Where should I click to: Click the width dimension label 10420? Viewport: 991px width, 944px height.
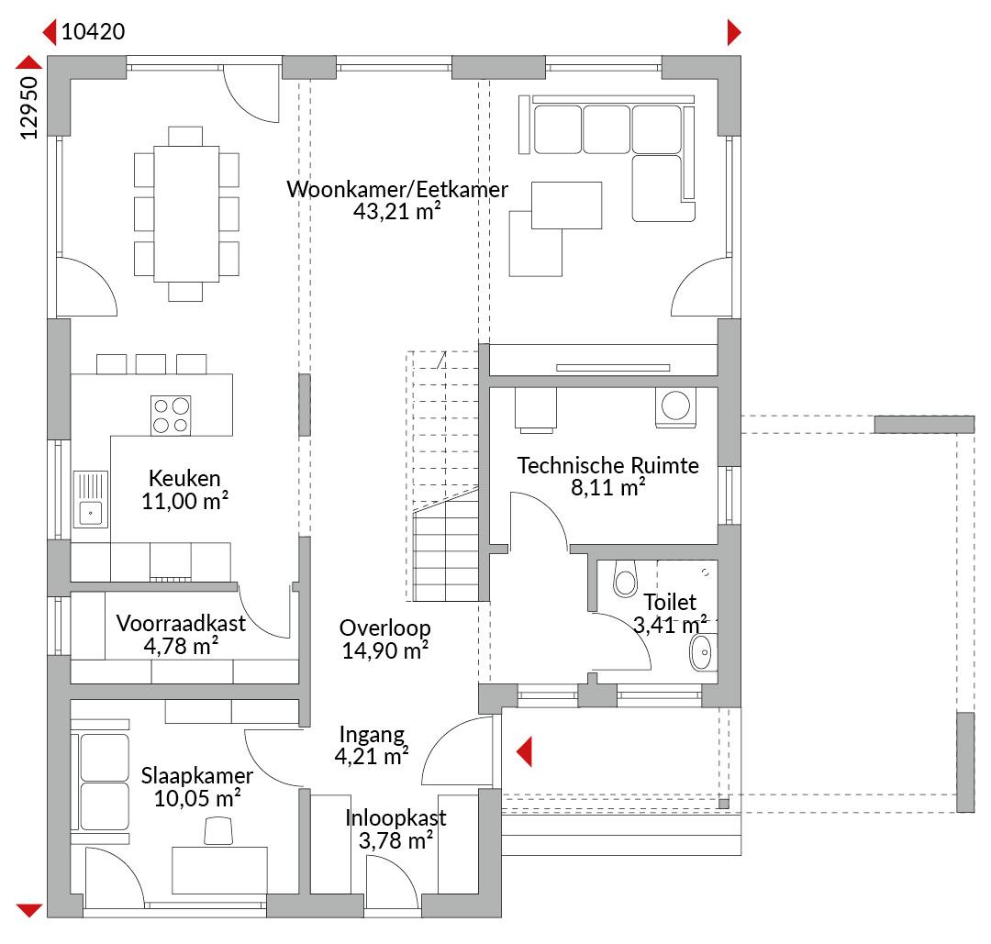tap(93, 31)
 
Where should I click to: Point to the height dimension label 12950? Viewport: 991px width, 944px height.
tap(29, 107)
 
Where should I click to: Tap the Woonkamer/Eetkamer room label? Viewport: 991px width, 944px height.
tap(397, 189)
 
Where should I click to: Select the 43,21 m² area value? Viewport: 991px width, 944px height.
tap(397, 211)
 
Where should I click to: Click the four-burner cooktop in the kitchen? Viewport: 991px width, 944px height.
tap(171, 416)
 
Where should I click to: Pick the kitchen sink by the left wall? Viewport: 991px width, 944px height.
tap(90, 499)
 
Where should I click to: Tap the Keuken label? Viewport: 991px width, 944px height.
tap(184, 478)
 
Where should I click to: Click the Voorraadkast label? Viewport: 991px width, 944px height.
tap(181, 623)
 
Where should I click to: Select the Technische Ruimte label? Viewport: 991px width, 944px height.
tap(608, 465)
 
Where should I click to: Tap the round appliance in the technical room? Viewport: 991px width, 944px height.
tap(675, 406)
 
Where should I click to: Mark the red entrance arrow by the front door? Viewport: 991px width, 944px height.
tap(524, 752)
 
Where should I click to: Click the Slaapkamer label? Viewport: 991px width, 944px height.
tap(196, 775)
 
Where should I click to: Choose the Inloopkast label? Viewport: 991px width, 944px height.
tap(395, 817)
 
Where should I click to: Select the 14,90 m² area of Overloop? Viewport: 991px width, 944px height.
tap(385, 650)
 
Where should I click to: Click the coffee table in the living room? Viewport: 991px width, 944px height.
tap(566, 205)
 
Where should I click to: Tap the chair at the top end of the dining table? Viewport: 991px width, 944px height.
tap(185, 136)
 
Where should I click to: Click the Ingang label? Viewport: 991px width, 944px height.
tap(372, 734)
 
